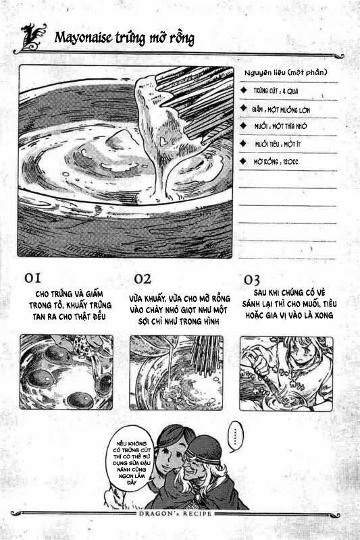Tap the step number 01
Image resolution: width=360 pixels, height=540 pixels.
tap(34, 278)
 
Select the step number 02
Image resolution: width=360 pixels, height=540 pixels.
tap(143, 278)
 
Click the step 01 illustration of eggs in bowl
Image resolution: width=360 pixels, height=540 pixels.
tap(66, 373)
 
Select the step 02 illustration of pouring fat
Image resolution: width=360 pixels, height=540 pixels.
tap(176, 373)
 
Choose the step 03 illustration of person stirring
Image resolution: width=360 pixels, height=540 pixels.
tap(286, 373)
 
